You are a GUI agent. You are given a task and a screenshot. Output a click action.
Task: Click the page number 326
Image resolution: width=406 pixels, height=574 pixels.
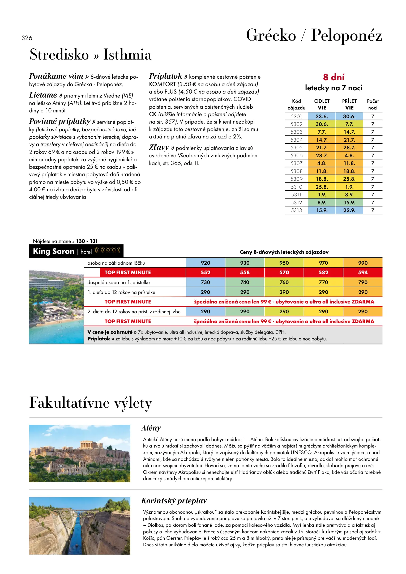(x=27, y=38)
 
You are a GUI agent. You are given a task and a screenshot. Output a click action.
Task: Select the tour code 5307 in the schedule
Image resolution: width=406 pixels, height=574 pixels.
(x=296, y=163)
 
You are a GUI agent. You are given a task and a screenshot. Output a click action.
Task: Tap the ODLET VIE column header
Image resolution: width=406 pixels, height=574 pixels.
(x=322, y=104)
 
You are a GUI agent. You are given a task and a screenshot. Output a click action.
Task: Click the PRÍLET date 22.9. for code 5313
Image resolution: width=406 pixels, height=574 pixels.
(x=349, y=210)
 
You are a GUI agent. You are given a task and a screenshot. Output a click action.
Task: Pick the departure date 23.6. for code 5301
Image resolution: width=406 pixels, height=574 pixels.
(x=322, y=116)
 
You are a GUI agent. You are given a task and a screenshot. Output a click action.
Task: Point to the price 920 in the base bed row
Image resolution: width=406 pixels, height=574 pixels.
(x=206, y=263)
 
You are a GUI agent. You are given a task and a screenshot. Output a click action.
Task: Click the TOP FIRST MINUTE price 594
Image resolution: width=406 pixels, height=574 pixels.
(x=363, y=272)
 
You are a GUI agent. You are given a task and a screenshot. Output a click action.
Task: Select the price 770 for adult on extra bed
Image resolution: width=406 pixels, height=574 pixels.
(x=323, y=282)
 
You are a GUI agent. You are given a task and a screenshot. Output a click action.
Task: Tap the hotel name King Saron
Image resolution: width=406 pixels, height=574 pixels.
(x=54, y=251)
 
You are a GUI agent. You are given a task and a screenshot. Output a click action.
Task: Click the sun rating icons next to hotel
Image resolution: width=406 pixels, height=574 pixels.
(x=107, y=250)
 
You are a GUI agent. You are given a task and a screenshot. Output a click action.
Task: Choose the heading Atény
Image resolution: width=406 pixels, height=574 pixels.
(x=151, y=428)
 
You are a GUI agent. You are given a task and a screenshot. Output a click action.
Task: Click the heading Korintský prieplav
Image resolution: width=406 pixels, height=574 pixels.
(x=174, y=501)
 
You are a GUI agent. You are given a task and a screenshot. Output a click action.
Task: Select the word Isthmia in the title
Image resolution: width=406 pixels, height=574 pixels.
(x=127, y=55)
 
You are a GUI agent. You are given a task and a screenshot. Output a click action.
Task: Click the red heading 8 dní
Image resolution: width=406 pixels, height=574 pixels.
(x=334, y=77)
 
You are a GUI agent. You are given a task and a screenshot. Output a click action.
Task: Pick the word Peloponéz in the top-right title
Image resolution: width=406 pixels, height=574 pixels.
(x=347, y=35)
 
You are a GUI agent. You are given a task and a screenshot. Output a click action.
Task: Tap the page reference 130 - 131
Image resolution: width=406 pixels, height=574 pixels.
(x=87, y=241)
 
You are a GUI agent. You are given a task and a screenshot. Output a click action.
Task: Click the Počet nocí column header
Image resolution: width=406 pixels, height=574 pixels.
(x=373, y=104)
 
